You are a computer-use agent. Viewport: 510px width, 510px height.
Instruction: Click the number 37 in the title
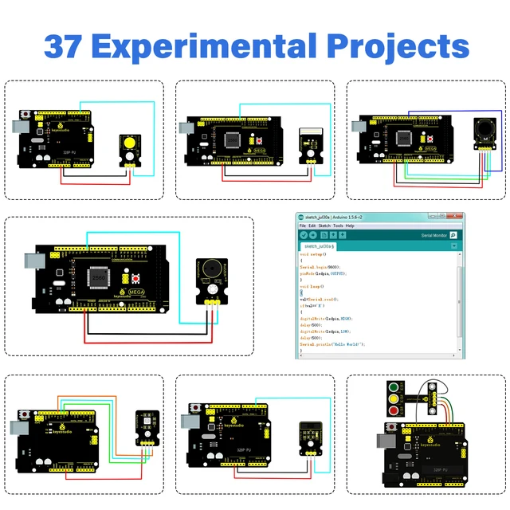[66, 45]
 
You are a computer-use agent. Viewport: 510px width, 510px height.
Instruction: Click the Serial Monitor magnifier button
[453, 236]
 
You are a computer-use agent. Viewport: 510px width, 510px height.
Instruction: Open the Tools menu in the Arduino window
[339, 226]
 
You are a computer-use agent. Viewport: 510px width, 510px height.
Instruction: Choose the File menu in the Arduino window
[302, 226]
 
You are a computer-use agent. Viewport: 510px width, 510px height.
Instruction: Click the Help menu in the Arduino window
[350, 226]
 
